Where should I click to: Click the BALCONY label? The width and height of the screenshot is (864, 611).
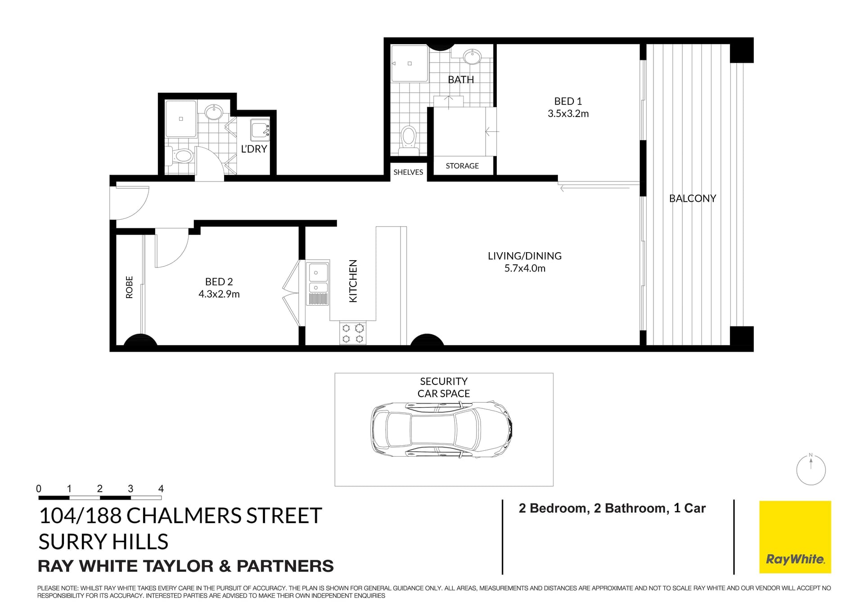pyautogui.click(x=692, y=199)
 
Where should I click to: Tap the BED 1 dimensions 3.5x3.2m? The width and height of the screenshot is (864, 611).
pyautogui.click(x=568, y=114)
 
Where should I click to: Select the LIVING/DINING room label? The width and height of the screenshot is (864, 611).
pyautogui.click(x=525, y=256)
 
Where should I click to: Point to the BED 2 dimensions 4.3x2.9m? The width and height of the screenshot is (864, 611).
pyautogui.click(x=219, y=294)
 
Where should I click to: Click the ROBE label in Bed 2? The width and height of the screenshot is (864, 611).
pyautogui.click(x=130, y=287)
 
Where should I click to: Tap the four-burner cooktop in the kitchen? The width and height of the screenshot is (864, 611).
pyautogui.click(x=353, y=333)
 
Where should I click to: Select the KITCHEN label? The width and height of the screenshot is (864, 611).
pyautogui.click(x=353, y=281)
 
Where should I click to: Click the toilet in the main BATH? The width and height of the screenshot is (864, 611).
pyautogui.click(x=409, y=137)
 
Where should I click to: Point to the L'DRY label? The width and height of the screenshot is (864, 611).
pyautogui.click(x=254, y=149)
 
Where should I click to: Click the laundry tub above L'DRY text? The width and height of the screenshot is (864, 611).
pyautogui.click(x=260, y=130)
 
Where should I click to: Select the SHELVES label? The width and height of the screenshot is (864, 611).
pyautogui.click(x=408, y=172)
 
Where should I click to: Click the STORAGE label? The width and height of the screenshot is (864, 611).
pyautogui.click(x=462, y=166)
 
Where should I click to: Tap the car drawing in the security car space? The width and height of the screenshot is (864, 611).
pyautogui.click(x=441, y=429)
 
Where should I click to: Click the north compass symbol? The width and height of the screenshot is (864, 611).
pyautogui.click(x=811, y=470)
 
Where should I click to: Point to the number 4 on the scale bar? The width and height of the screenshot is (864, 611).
pyautogui.click(x=161, y=489)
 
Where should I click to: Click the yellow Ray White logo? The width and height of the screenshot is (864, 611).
pyautogui.click(x=795, y=537)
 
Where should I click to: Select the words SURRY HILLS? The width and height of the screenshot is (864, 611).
pyautogui.click(x=103, y=542)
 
